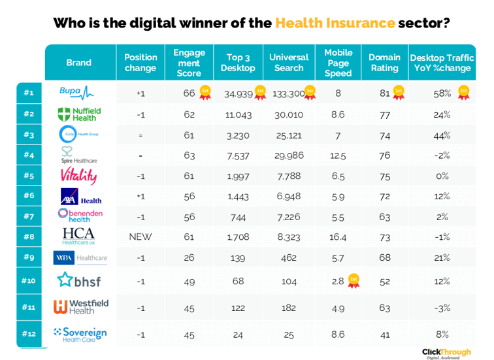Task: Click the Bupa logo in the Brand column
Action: pos(77,93)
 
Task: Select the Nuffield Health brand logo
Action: pos(79,114)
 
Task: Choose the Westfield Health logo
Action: pos(80,306)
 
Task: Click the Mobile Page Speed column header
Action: pos(338,63)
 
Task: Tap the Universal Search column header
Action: pos(288,63)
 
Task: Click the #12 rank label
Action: pos(28,334)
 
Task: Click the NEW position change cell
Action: pos(140,237)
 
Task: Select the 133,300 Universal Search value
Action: pos(289,94)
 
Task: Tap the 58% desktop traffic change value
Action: pos(442,94)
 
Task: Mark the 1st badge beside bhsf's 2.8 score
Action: pos(354,280)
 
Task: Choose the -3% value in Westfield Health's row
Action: pos(442,306)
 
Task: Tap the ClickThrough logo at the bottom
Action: pos(446,353)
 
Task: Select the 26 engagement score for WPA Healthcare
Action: pos(189,257)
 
